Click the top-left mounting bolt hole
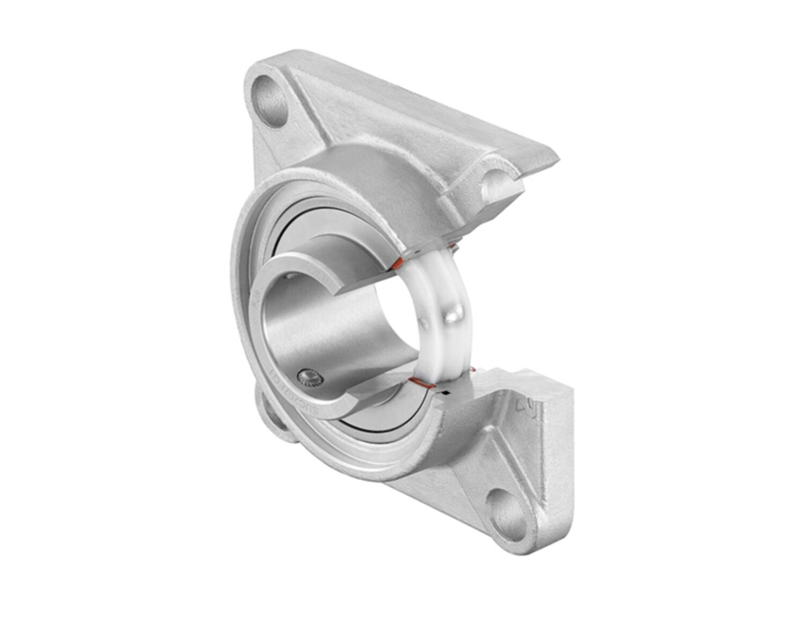(x=270, y=101)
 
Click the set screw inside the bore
(x=311, y=379)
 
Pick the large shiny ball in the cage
(x=455, y=313)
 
